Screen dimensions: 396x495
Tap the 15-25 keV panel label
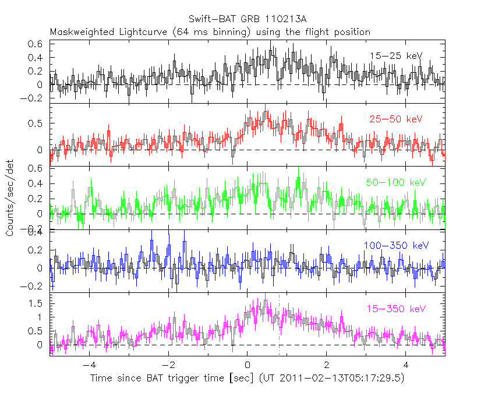click(x=395, y=55)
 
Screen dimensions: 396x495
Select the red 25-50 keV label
click(x=395, y=119)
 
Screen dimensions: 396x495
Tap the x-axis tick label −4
click(x=88, y=366)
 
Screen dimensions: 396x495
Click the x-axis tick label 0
click(x=248, y=366)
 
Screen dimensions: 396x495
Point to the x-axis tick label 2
click(x=327, y=366)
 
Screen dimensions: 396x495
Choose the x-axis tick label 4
click(x=406, y=366)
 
